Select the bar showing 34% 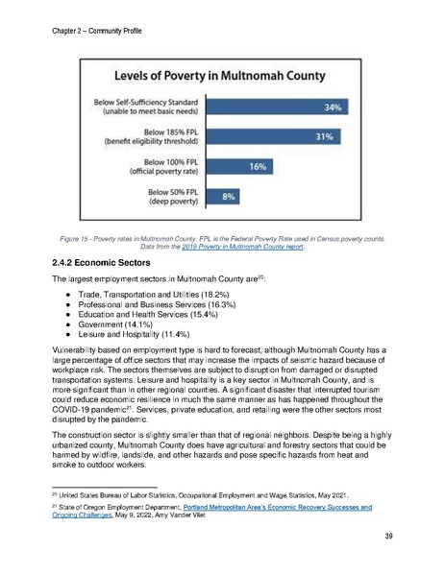[x=278, y=106]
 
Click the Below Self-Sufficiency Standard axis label [x=146, y=106]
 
